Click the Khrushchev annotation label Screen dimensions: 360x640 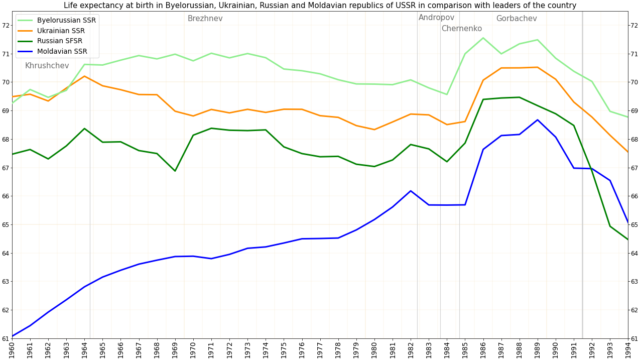point(47,66)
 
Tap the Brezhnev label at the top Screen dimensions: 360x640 point(205,19)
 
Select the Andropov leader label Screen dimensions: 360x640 point(436,18)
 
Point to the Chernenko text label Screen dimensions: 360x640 point(461,29)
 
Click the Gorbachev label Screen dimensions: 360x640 point(516,19)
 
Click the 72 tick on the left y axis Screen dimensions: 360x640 point(6,25)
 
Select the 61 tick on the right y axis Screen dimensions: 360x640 point(634,338)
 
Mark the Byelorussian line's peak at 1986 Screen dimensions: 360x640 point(483,38)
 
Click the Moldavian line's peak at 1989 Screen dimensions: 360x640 point(537,119)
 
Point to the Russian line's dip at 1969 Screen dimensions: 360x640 point(175,171)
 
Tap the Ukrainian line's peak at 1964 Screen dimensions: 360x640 point(84,76)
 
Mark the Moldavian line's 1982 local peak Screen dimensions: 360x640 point(411,191)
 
